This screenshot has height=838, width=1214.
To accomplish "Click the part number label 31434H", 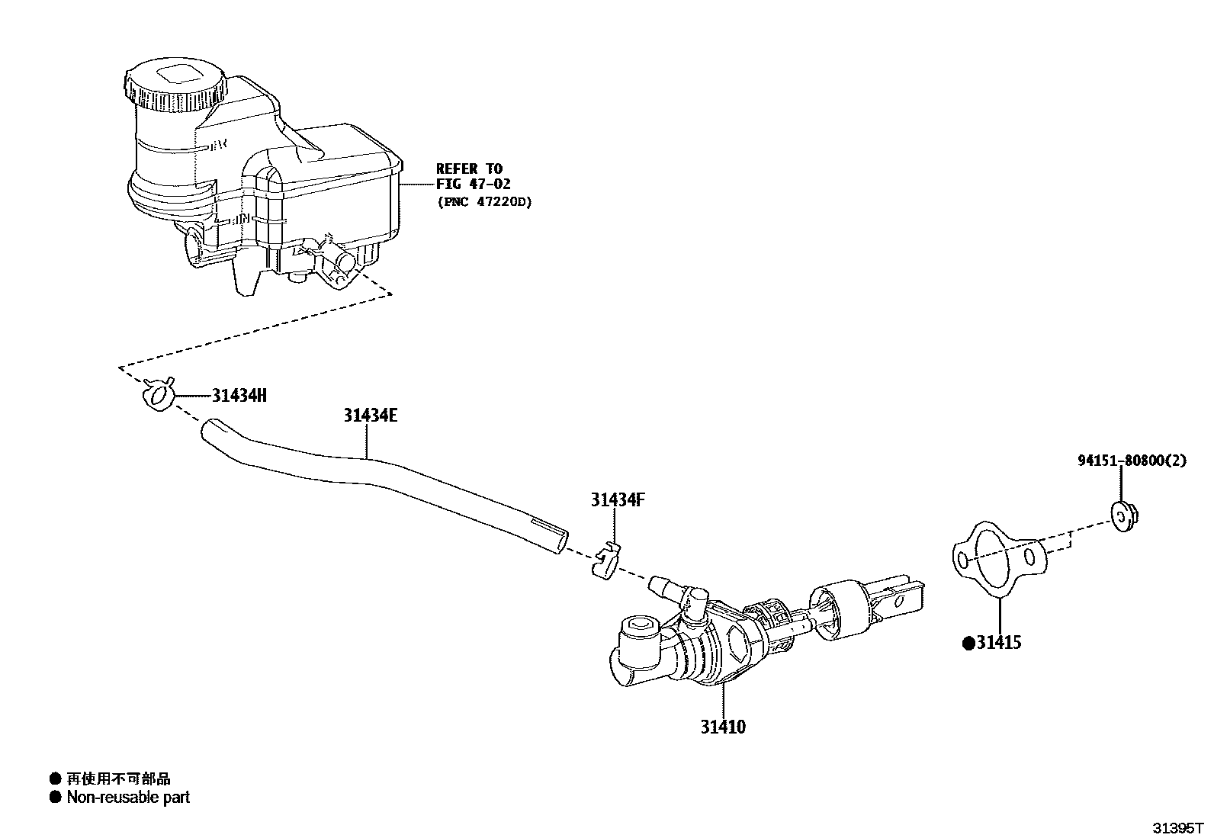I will (x=239, y=395).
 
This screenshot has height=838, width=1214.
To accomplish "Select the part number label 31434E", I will (x=370, y=416).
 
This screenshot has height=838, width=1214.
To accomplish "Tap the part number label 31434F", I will (x=618, y=500).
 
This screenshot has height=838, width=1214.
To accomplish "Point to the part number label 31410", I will (x=723, y=727).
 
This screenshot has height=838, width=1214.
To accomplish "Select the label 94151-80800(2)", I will (x=1132, y=461).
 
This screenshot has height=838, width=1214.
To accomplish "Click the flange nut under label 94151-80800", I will (x=1122, y=515).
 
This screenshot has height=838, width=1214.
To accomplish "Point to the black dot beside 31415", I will (x=968, y=644).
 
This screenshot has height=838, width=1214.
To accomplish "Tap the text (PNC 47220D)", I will (x=483, y=202).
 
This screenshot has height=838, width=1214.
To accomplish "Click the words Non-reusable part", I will (x=128, y=798).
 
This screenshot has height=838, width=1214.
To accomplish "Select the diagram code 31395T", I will (x=1177, y=827).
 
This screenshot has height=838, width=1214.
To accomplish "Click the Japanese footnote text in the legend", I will (x=118, y=779).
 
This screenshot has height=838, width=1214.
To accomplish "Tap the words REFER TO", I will (x=469, y=169).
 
